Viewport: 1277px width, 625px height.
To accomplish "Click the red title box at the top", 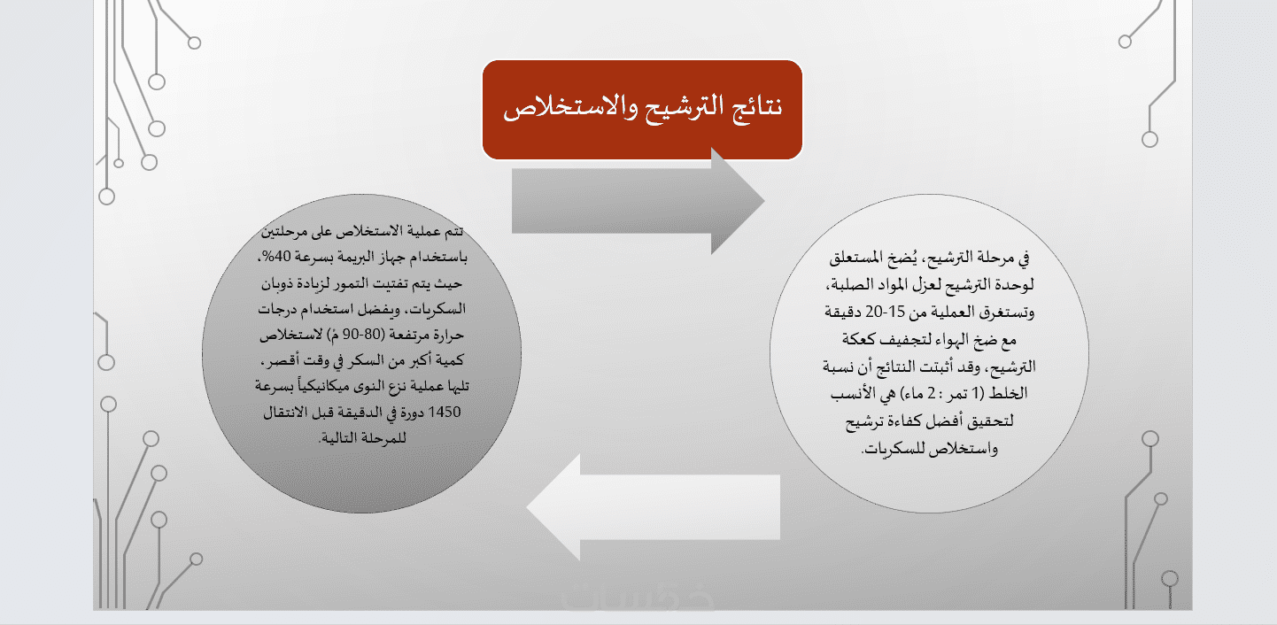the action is click(x=642, y=110).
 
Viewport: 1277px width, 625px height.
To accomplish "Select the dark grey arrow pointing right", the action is click(x=638, y=201).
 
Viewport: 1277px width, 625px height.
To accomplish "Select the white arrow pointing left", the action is click(x=653, y=507).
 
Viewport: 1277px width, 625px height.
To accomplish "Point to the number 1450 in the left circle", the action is click(x=444, y=412).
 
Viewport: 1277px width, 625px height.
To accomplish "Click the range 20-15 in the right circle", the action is click(x=885, y=312).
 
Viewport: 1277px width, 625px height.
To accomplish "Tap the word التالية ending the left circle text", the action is click(x=337, y=438).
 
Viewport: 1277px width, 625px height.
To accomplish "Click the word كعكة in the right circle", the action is click(x=858, y=340).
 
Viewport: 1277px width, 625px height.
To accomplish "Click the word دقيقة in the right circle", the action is click(x=843, y=312).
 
